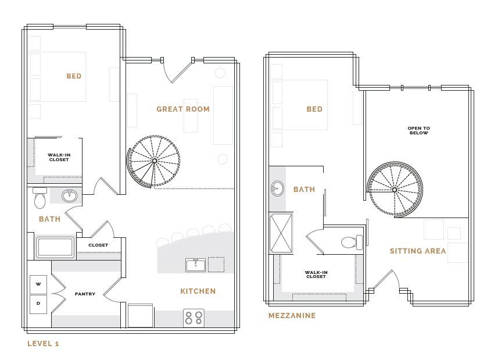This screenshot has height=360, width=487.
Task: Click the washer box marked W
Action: point(38,284)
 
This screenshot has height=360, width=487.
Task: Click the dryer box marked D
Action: point(38,304)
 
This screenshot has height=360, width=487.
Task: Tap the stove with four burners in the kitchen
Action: point(194,318)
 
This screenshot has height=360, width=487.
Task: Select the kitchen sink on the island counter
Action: point(195,265)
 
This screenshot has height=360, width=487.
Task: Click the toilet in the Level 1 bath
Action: point(40,198)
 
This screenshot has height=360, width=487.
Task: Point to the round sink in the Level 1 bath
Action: point(70,195)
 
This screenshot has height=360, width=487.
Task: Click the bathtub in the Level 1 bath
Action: point(55,247)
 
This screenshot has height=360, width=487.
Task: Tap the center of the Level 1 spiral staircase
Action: point(155,161)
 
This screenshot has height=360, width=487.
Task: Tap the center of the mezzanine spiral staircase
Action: point(395,190)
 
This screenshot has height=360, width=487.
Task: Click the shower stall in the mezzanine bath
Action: point(281,233)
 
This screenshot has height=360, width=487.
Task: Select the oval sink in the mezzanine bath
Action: point(277,188)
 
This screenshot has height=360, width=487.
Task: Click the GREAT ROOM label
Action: point(183,109)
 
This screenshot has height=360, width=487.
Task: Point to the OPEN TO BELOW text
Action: point(418,130)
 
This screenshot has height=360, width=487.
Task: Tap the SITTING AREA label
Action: point(418,251)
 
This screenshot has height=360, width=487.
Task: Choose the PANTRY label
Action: point(85,294)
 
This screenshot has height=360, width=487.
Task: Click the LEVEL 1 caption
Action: point(43,344)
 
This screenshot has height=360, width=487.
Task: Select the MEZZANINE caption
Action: point(292,316)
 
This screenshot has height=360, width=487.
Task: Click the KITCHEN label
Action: point(198,291)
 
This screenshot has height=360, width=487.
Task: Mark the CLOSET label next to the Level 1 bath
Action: point(98,245)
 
